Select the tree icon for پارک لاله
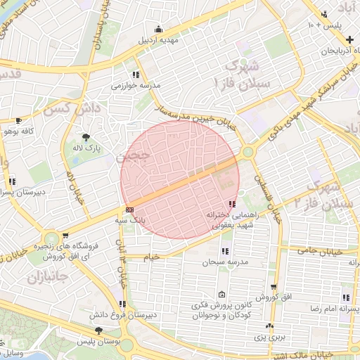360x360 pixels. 86,137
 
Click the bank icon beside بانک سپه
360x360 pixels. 129,209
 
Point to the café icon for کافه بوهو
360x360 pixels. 18,120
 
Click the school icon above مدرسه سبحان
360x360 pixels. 225,251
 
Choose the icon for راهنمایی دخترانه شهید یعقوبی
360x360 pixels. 232,204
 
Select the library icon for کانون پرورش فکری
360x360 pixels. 222,295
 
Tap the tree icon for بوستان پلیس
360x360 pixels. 98,330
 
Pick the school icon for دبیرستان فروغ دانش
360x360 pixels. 123,304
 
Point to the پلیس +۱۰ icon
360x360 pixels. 324,14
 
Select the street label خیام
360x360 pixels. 152,257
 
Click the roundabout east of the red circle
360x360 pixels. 247,152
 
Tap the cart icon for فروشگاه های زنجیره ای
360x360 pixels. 65,236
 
